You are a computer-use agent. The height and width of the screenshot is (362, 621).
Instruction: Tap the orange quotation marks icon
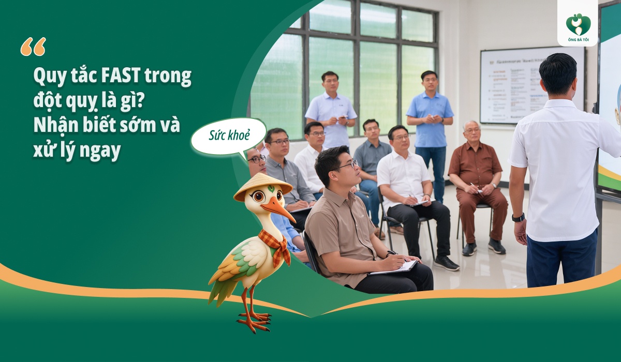click(33, 47)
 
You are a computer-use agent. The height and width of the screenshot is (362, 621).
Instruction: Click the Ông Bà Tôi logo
click(578, 24)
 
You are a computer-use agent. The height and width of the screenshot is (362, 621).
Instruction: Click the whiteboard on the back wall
click(528, 85)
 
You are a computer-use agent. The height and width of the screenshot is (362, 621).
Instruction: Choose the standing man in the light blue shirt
click(331, 111)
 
